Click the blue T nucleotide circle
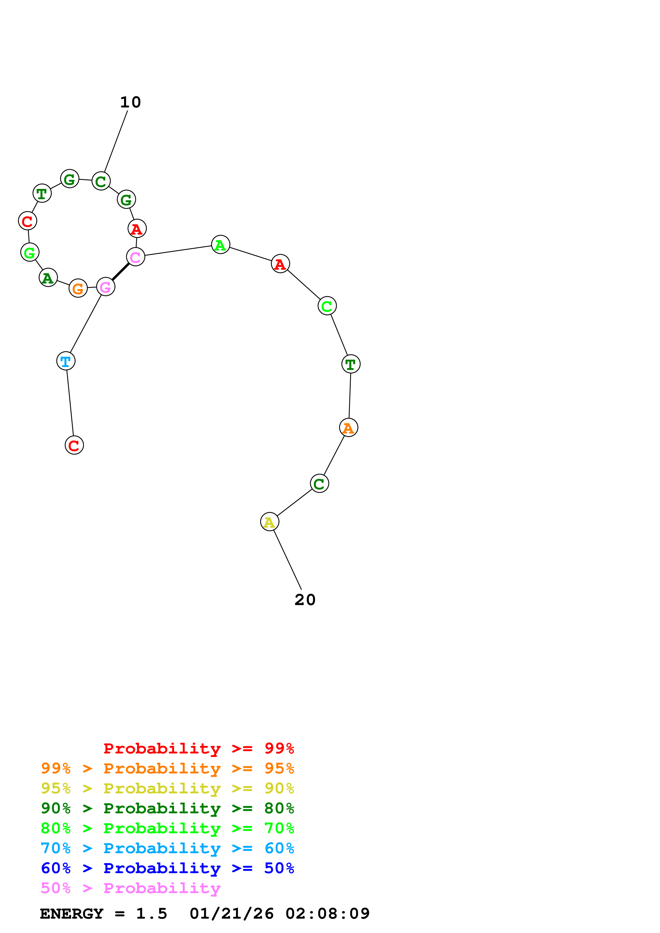click(x=66, y=361)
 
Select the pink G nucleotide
click(x=106, y=287)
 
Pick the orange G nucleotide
click(x=78, y=288)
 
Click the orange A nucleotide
click(x=349, y=427)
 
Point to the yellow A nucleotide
click(x=270, y=522)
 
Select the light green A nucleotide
click(x=221, y=245)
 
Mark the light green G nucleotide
click(x=30, y=252)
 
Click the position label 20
click(x=305, y=600)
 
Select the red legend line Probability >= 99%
click(x=198, y=748)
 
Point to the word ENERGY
click(x=72, y=914)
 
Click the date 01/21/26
click(x=232, y=914)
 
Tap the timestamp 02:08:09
click(x=327, y=914)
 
